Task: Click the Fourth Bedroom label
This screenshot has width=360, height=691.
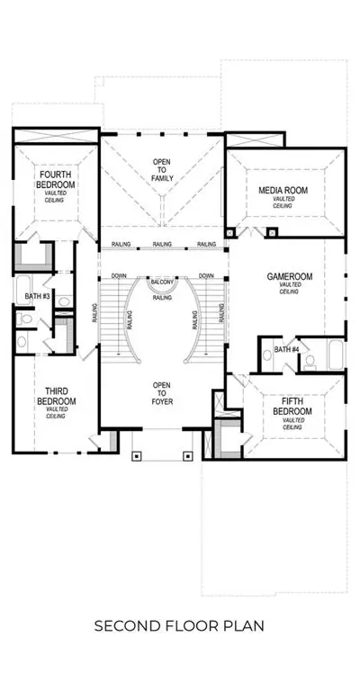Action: click(56, 179)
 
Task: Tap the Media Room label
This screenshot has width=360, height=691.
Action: click(283, 191)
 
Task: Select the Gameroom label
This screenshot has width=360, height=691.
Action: click(290, 277)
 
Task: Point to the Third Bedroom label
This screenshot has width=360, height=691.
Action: click(56, 396)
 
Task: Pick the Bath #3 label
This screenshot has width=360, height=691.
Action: click(37, 296)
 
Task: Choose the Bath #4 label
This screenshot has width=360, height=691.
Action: click(286, 349)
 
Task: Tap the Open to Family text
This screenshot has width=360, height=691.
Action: click(163, 170)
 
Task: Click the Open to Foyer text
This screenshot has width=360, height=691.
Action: click(162, 393)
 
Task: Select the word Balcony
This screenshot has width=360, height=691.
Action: click(163, 282)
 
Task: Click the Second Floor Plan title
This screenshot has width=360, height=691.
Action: click(179, 626)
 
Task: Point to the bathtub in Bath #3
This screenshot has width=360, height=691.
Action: click(22, 290)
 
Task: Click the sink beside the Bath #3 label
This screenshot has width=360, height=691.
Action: click(64, 302)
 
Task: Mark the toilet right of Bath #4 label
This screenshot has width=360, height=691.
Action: click(310, 362)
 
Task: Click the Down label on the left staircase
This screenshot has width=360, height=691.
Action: click(119, 275)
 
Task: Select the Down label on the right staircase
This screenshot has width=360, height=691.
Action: click(206, 275)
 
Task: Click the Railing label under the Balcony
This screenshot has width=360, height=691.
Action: click(162, 298)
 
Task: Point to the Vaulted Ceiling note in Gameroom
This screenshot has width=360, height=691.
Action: click(289, 288)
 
